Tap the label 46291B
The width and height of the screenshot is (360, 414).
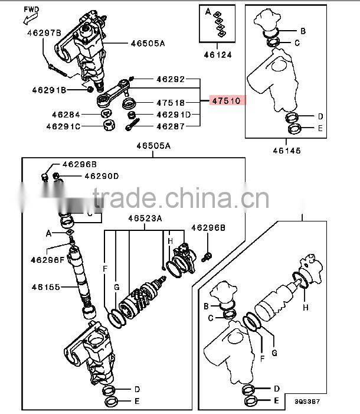[50, 90]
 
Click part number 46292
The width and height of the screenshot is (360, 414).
[171, 79]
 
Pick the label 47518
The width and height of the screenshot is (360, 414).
[171, 102]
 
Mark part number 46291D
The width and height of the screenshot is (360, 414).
[173, 115]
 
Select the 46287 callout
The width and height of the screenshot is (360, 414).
[171, 126]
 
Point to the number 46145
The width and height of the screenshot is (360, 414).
[286, 151]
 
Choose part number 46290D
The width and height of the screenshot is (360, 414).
[101, 175]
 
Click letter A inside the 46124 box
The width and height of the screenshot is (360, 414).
[208, 11]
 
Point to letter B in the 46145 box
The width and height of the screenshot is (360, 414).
[303, 31]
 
